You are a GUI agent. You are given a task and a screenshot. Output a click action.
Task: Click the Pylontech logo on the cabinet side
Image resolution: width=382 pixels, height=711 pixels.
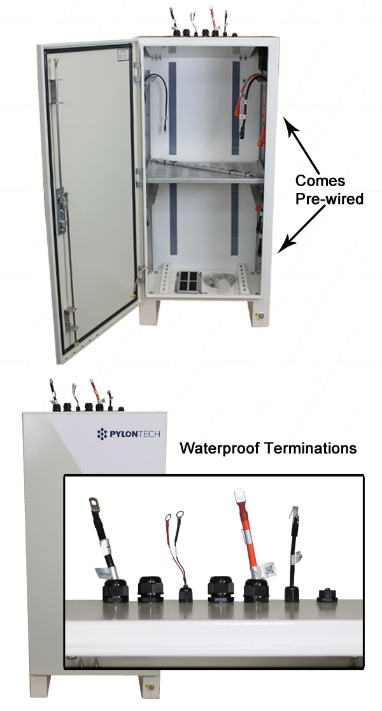pos(128,434)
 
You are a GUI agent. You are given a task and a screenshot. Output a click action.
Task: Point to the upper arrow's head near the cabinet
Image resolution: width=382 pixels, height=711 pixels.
pos(288,125)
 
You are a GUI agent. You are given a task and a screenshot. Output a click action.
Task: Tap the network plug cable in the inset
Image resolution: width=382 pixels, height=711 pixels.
pos(295,545)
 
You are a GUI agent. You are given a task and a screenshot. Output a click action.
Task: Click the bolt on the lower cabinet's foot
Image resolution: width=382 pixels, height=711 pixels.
pos(152,686)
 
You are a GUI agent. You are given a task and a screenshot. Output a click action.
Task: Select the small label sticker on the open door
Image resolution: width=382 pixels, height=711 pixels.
pos(122,56)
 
